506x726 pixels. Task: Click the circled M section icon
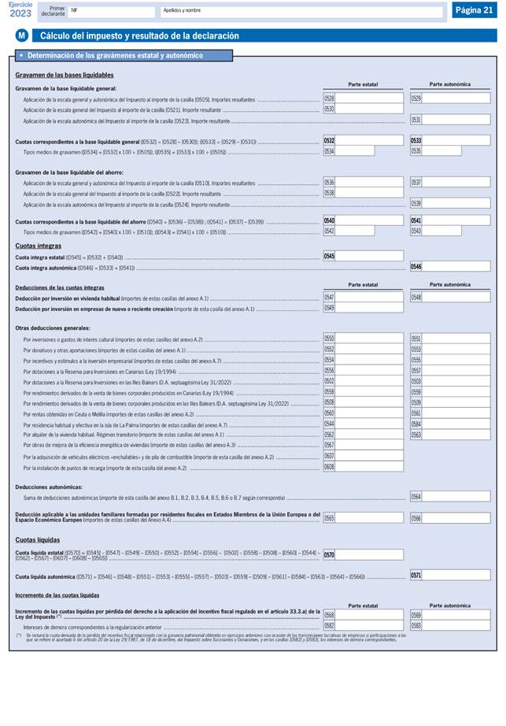click(22, 36)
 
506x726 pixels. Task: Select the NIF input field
click(110, 11)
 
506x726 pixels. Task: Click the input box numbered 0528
click(363, 98)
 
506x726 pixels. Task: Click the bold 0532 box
click(363, 141)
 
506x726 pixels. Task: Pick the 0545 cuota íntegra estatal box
click(363, 256)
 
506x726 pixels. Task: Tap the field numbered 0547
click(363, 298)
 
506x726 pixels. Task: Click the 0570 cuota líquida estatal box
click(363, 555)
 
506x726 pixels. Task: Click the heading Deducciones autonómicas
click(48, 487)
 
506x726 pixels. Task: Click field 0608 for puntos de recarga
click(363, 468)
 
